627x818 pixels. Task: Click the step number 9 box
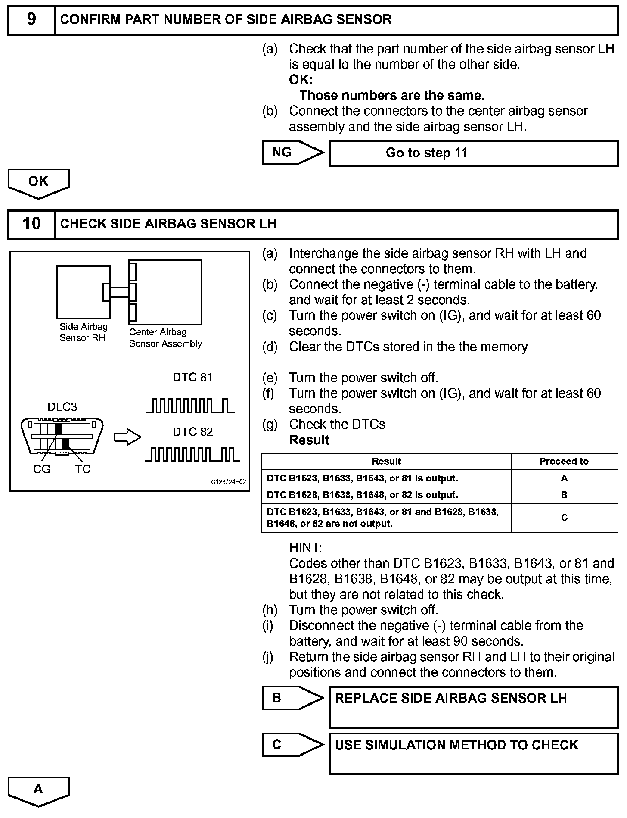(x=31, y=20)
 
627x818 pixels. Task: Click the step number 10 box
(x=31, y=224)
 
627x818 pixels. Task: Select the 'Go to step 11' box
(x=473, y=153)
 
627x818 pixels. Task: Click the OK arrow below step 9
(x=38, y=182)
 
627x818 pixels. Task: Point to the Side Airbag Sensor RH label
(x=83, y=332)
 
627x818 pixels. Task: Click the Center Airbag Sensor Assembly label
(x=165, y=338)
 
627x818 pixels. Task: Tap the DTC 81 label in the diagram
(x=192, y=378)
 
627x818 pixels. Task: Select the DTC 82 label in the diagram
(x=192, y=432)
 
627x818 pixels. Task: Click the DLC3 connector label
(x=62, y=407)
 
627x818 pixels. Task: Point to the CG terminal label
(x=41, y=469)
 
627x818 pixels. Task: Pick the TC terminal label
(x=83, y=469)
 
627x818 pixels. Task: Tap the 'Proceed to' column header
(x=564, y=461)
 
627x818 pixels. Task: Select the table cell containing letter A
(x=564, y=478)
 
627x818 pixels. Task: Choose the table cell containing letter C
(x=564, y=518)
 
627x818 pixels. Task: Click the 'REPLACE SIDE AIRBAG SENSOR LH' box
(x=473, y=707)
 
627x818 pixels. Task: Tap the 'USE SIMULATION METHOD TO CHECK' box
(x=473, y=754)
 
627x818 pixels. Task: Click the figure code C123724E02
(x=228, y=482)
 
